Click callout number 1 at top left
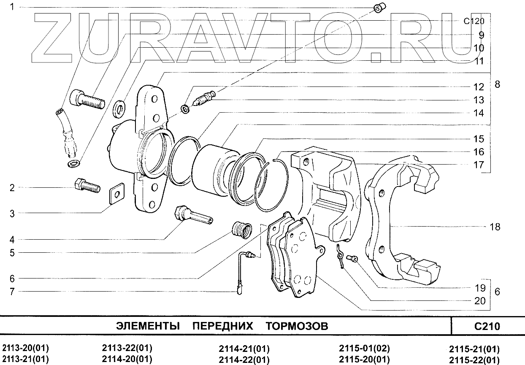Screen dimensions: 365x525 12,7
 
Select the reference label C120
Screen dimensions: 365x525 474,22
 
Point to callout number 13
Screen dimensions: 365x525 478,100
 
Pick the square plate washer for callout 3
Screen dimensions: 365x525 116,193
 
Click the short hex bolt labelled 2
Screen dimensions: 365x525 87,185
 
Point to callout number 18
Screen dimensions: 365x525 495,227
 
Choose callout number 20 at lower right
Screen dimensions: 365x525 479,301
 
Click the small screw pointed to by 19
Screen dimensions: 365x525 351,259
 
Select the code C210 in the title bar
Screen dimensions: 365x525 487,326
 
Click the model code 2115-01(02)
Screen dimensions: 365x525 364,349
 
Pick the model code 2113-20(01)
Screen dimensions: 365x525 26,349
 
